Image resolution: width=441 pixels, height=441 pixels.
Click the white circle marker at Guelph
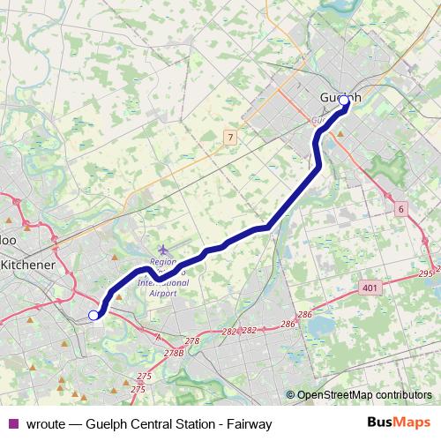point(344,101)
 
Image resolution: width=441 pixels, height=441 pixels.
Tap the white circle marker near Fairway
point(93,315)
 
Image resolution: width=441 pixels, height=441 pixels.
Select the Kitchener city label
point(27,265)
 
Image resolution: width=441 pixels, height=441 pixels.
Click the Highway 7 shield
point(229,137)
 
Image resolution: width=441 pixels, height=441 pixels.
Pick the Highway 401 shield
point(370,288)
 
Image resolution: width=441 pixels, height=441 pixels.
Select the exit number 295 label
point(426,273)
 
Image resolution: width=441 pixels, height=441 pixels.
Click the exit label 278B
point(174,353)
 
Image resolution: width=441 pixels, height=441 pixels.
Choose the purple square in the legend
point(13,423)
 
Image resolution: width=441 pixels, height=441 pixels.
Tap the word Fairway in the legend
point(248,423)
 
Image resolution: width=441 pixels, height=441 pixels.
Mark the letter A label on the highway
point(158,338)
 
